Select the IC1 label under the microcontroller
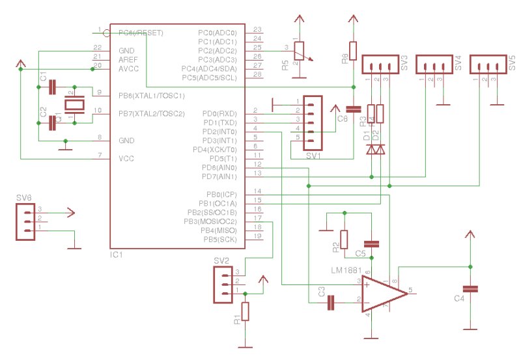(117, 255)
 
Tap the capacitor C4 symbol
(470, 288)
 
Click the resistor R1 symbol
(246, 311)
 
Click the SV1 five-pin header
(312, 119)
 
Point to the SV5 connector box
(486, 65)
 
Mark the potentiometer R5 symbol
(298, 51)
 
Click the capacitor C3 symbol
(331, 301)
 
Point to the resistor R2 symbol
(345, 239)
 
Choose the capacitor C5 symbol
(371, 244)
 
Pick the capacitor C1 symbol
(53, 85)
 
